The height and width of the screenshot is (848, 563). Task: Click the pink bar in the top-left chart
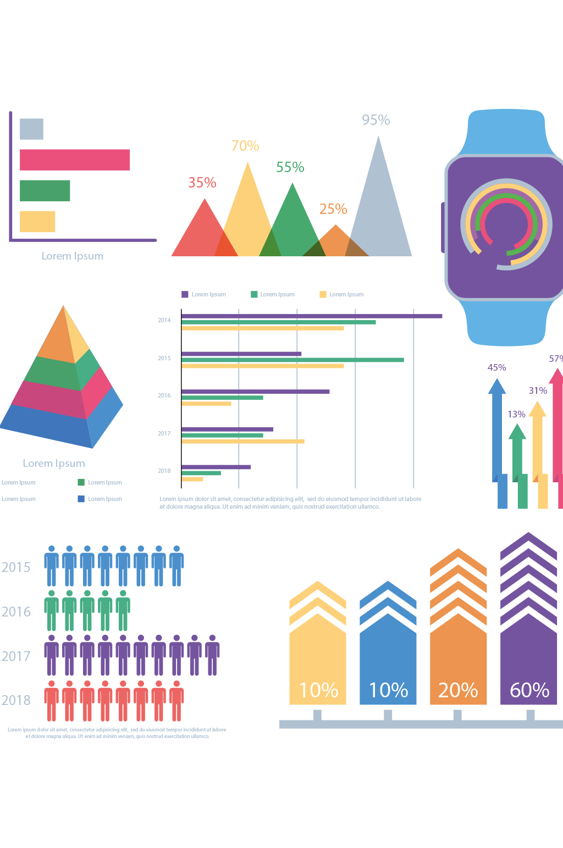coord(75,160)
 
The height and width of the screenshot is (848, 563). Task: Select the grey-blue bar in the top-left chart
coord(31,129)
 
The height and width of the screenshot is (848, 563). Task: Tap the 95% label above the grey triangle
coord(376,120)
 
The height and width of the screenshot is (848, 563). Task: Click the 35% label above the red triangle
coord(202,183)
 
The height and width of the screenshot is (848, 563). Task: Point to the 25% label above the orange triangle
coord(333,209)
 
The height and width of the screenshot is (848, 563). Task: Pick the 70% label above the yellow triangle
coord(245,146)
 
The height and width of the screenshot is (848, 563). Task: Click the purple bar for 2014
coord(312,316)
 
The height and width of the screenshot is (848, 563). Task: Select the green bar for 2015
coord(292,360)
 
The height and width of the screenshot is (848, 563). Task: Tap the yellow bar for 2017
coord(242,441)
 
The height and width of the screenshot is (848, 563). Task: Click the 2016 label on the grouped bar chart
coord(164,395)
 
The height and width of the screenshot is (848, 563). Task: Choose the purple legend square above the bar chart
coord(185,294)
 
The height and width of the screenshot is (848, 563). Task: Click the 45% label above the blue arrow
coord(497,367)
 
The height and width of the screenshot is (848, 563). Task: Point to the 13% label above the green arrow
coord(516,414)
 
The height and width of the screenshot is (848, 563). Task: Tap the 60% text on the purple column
coord(529,690)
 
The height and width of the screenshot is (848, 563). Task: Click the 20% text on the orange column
coord(458,690)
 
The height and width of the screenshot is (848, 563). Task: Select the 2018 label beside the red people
coord(16,700)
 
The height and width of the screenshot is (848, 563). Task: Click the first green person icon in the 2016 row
coord(52,610)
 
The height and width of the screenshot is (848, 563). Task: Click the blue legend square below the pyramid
coord(81,499)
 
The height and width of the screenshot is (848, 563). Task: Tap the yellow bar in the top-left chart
coord(37,222)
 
